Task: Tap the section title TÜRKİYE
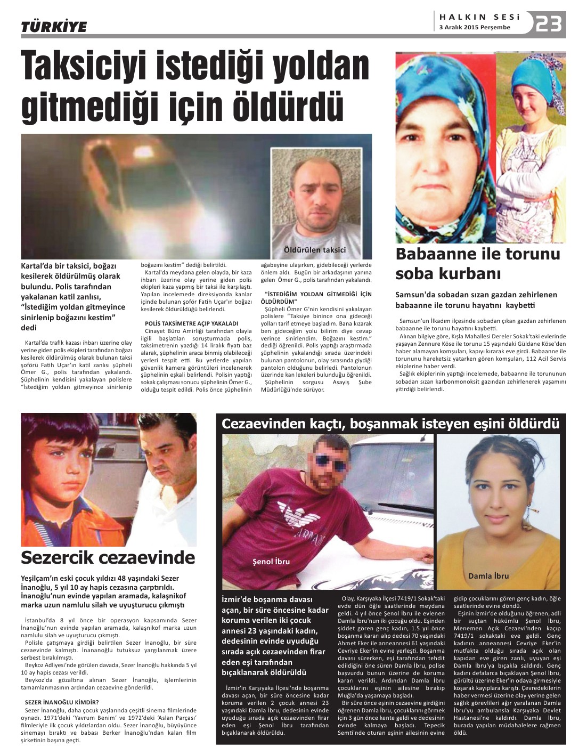53,27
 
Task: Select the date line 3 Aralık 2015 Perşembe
475,28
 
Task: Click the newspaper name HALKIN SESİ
479,17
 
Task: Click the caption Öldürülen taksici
315,249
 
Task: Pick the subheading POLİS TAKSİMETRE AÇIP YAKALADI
192,323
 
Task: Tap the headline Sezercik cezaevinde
108,557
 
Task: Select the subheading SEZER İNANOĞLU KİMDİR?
62,702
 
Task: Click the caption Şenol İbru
271,561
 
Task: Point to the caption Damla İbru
488,575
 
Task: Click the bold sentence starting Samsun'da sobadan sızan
476,299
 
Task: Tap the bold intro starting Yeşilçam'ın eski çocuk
103,591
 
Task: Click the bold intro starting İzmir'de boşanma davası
275,636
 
